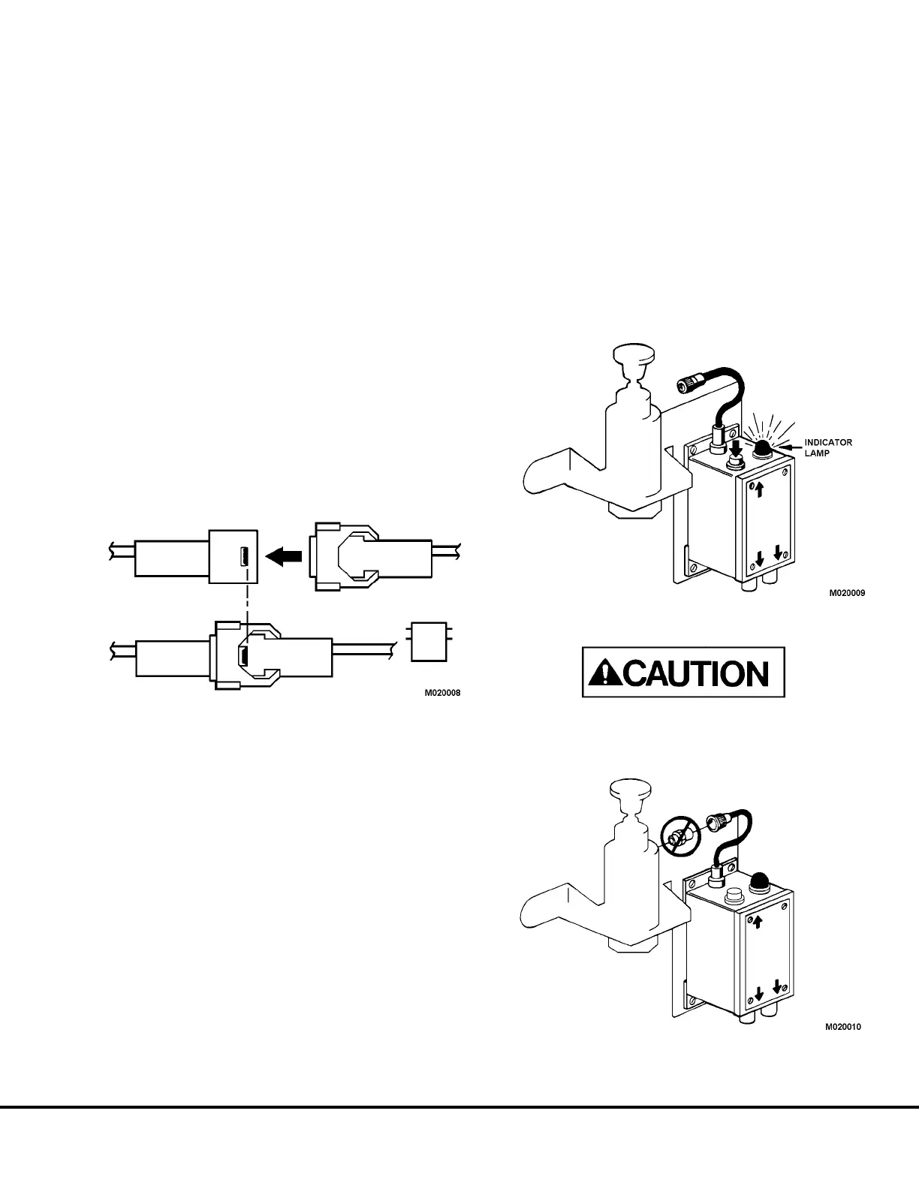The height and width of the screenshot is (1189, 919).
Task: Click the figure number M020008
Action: (443, 693)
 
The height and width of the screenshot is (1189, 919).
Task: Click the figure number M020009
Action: (847, 592)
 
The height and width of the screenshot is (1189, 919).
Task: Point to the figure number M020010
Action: (843, 1026)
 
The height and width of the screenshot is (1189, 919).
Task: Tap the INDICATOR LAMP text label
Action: (828, 447)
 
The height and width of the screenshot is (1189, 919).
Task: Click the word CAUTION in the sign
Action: (698, 673)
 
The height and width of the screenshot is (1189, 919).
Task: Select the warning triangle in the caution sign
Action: (602, 673)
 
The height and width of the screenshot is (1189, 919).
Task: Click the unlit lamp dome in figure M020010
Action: (756, 880)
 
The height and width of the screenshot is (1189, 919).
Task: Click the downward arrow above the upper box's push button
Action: (736, 447)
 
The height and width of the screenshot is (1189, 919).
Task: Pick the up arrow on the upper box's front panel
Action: (759, 490)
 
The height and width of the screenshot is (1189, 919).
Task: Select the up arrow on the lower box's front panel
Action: (758, 921)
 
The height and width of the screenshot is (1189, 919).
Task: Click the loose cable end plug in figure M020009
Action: (687, 385)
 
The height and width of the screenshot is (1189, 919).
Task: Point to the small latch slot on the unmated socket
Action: (245, 557)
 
